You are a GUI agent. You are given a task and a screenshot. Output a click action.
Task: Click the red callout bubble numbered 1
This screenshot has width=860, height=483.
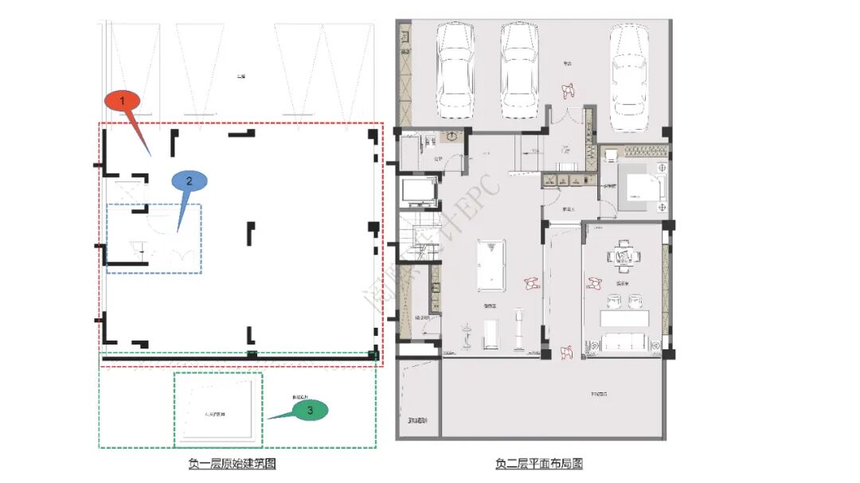coord(122,101)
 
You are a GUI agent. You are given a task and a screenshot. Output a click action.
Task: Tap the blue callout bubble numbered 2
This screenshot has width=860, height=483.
coord(190,181)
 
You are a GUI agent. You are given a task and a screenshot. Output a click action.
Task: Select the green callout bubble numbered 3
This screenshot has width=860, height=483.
coord(311,409)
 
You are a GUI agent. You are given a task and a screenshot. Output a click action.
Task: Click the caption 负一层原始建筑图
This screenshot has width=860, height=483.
coord(232,463)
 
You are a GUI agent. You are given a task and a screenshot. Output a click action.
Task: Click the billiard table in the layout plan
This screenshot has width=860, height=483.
coord(488,262)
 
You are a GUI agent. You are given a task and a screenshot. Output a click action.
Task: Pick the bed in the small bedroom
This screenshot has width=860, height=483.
coord(641,188)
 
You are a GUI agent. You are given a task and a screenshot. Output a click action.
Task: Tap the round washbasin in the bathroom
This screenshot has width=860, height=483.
coord(451,136)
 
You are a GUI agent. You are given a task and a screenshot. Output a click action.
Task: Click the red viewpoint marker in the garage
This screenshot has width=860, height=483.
coord(569,90)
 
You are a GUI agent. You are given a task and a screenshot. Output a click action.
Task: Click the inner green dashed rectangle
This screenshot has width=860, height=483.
coord(218,410)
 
